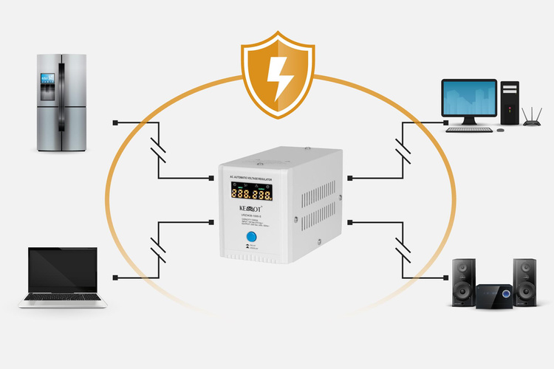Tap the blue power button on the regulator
coord(250,235)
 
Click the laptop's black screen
coord(62,270)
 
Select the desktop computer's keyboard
coord(469,129)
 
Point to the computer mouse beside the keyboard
coord(502,129)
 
